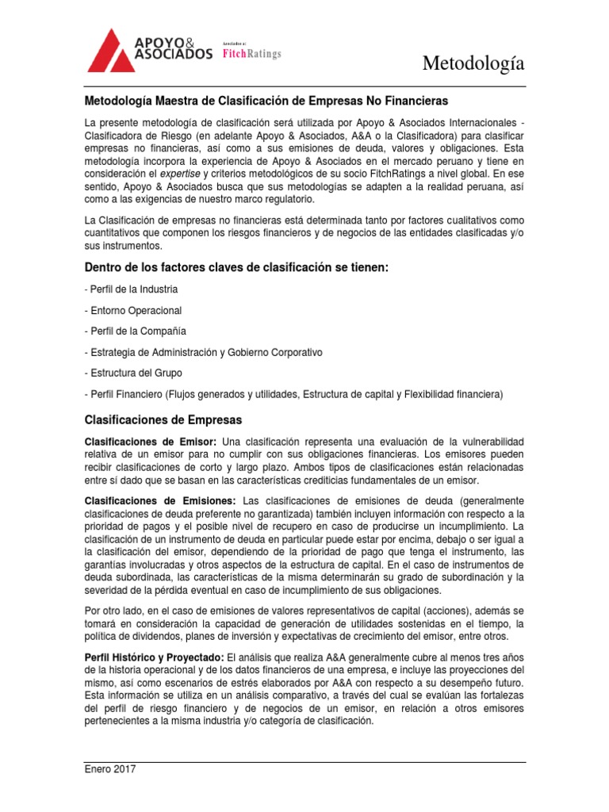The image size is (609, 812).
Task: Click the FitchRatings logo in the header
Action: point(251,53)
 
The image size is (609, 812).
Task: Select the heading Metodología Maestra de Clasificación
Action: point(266,101)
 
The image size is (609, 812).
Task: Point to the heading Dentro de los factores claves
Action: point(236,267)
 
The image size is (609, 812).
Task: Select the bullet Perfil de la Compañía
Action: point(135,331)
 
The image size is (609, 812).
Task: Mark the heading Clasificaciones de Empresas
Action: point(163,419)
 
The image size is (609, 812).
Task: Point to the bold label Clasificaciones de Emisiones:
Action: point(160,500)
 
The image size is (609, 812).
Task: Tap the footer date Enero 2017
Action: point(110,768)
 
